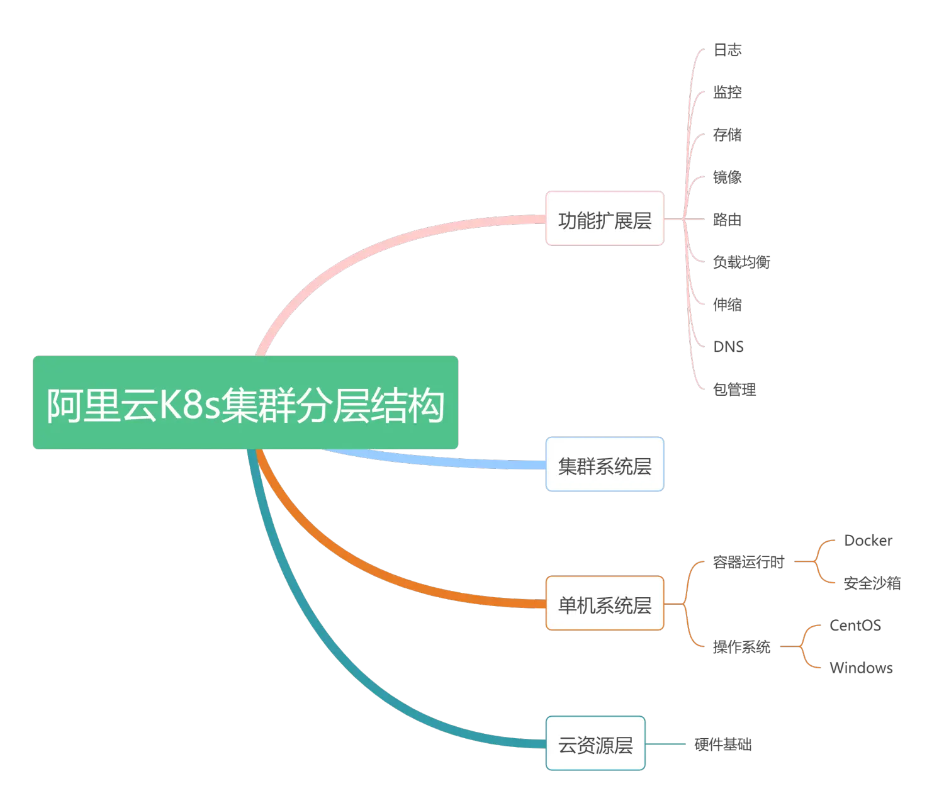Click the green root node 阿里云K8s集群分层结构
245,403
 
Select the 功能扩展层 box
604,218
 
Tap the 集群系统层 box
604,464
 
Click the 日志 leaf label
728,50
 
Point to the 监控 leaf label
728,93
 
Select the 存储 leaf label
728,134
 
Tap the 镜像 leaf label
728,177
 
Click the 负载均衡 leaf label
741,262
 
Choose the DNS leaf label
728,346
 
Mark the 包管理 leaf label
734,389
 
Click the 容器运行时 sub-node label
748,561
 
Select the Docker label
868,541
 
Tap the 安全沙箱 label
872,583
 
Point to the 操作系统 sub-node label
741,646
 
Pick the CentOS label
855,626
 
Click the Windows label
862,668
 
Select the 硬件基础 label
724,744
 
